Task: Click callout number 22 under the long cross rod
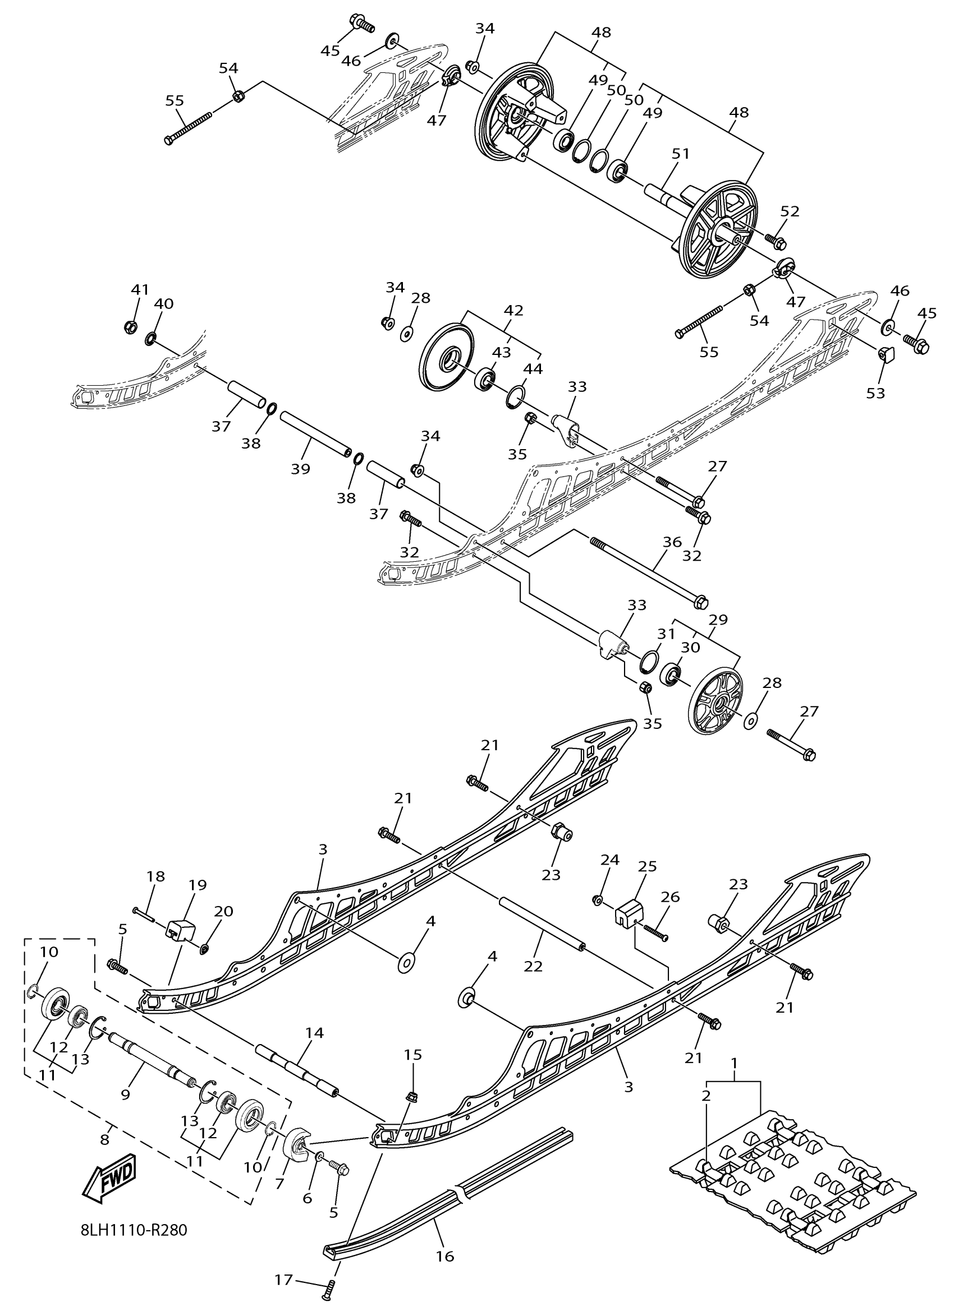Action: point(533,966)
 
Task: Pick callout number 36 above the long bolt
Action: point(672,542)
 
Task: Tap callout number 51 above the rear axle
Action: point(681,154)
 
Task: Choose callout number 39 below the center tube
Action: point(300,469)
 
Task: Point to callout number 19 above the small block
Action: point(198,885)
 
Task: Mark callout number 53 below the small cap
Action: point(875,393)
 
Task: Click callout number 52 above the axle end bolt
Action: point(790,212)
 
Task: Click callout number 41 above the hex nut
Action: point(140,289)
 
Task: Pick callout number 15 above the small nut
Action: point(413,1054)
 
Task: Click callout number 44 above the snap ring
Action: point(533,369)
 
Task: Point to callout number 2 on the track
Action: point(706,1096)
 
